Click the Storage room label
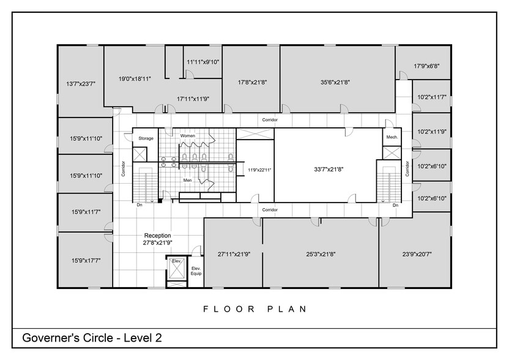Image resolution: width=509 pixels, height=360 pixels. (146, 138)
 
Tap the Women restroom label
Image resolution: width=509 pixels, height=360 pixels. (188, 135)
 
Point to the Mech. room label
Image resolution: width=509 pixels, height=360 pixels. (392, 138)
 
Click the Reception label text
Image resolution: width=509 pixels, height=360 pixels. (157, 235)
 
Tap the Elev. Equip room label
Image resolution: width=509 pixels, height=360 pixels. (196, 271)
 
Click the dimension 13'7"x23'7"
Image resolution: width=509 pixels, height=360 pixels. (81, 84)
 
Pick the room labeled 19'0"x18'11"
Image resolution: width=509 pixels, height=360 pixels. (135, 79)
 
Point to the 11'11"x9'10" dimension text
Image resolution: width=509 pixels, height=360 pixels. (203, 62)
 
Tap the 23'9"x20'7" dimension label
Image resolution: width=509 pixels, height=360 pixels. (416, 253)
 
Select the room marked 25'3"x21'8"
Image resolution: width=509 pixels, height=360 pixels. (321, 253)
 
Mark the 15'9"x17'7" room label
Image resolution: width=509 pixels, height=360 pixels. (86, 260)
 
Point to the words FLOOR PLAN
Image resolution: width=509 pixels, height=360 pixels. (254, 309)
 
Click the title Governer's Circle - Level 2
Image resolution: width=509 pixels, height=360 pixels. (92, 337)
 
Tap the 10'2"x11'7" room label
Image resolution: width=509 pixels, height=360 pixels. (432, 97)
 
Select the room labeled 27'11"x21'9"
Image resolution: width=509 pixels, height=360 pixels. (234, 253)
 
